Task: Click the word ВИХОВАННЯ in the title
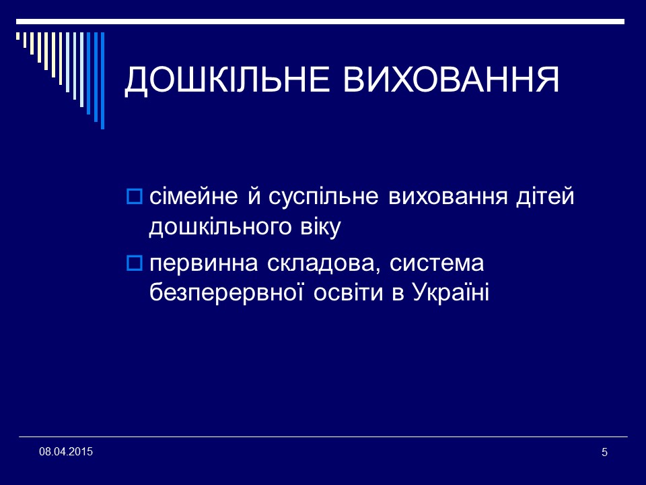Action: click(x=452, y=81)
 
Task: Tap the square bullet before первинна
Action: click(x=134, y=263)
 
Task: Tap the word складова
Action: click(x=314, y=263)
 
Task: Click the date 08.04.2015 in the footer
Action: click(x=66, y=451)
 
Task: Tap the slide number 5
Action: click(x=604, y=451)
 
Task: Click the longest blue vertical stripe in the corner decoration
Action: click(x=102, y=80)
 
